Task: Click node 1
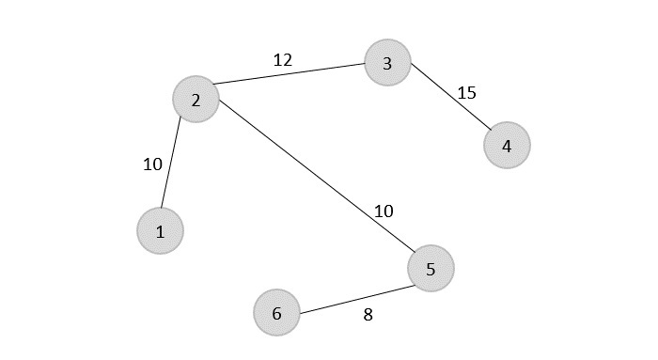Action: pyautogui.click(x=160, y=231)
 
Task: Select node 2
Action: pyautogui.click(x=196, y=99)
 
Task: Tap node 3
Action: pyautogui.click(x=387, y=63)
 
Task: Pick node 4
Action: pyautogui.click(x=507, y=146)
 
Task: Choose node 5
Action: pyautogui.click(x=431, y=269)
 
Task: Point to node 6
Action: pyautogui.click(x=276, y=312)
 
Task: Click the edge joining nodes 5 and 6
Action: pyautogui.click(x=353, y=290)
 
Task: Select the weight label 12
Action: pyautogui.click(x=282, y=60)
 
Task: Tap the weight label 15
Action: pyautogui.click(x=466, y=92)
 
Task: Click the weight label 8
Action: pyautogui.click(x=368, y=315)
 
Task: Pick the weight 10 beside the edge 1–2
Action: pyautogui.click(x=152, y=164)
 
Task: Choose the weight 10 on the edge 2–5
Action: pyautogui.click(x=384, y=211)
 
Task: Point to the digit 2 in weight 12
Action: pyautogui.click(x=287, y=60)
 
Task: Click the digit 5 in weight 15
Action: pyautogui.click(x=471, y=92)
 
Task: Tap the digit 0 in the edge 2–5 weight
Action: pyautogui.click(x=388, y=211)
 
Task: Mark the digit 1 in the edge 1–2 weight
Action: pyautogui.click(x=147, y=164)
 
